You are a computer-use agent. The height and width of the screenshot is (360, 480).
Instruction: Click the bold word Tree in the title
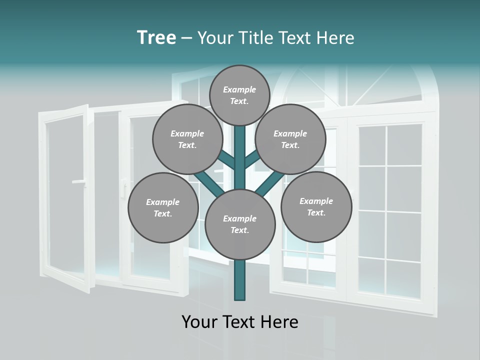click(x=156, y=37)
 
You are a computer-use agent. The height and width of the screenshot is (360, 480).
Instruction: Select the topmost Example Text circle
click(x=239, y=95)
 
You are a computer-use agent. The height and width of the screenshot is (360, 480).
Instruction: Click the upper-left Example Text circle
click(x=187, y=139)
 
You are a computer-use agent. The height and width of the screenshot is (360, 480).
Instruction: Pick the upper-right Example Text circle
click(x=290, y=139)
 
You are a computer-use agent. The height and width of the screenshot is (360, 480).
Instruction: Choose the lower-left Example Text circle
click(x=162, y=208)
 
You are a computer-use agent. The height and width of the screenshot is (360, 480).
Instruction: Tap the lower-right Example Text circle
click(x=316, y=206)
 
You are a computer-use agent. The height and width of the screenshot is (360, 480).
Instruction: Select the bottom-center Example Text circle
click(x=240, y=224)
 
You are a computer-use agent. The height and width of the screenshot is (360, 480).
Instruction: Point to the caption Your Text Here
click(x=240, y=322)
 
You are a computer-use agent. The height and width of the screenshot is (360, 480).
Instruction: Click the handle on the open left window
click(x=79, y=182)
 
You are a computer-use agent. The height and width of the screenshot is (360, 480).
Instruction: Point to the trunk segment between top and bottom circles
click(x=240, y=157)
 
